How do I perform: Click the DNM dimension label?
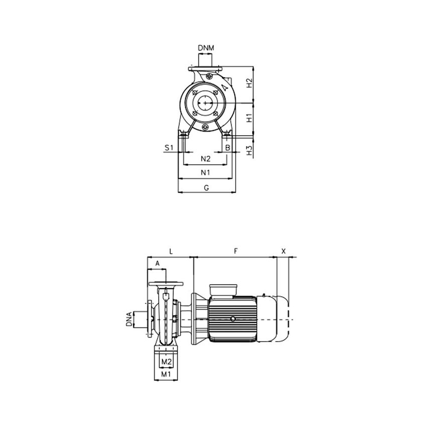coord(205,48)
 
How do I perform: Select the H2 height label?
coord(249,83)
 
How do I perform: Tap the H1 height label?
coord(249,119)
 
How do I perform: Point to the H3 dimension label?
coord(249,150)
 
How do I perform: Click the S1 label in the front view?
coord(169,147)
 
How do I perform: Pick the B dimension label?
coord(228,147)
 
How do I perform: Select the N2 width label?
coord(205,159)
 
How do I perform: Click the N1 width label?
coord(205,172)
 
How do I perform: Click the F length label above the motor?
coord(236,250)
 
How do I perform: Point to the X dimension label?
coord(283,250)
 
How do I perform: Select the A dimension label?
coord(157,263)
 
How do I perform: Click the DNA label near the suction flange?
coord(129,319)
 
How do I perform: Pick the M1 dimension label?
coord(165,374)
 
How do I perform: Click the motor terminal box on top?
coord(223,290)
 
